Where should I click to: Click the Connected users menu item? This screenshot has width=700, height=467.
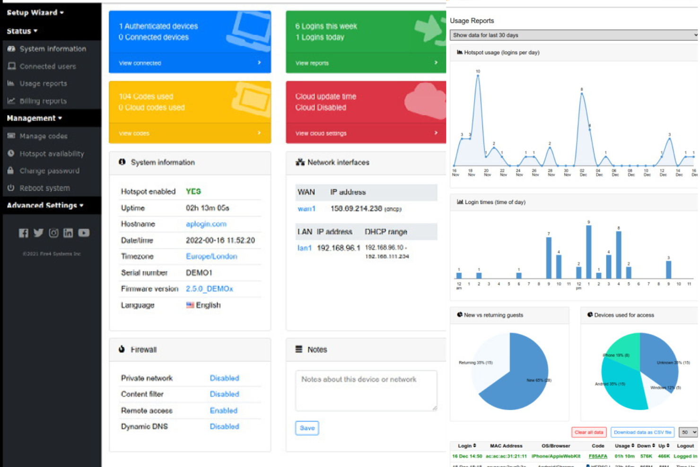47,66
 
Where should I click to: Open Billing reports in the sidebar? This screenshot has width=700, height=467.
43,101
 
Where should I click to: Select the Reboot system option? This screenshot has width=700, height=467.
44,188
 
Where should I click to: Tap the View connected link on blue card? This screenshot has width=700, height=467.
140,63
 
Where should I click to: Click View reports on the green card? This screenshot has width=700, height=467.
312,63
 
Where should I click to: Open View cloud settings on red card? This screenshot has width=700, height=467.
321,133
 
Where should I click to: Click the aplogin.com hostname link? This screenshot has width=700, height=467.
206,224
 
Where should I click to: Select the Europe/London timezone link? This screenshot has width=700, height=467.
211,256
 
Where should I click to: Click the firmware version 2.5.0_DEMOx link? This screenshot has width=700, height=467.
209,289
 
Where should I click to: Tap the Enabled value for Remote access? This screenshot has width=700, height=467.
224,410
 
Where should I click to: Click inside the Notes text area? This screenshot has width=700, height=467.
366,390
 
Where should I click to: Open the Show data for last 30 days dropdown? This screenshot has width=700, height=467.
574,35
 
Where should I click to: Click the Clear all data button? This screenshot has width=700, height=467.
589,432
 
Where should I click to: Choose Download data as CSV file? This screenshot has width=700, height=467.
642,432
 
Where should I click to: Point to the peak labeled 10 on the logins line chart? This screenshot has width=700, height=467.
478,76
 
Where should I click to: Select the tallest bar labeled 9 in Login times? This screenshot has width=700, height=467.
589,251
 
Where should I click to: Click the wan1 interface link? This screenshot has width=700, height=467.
306,209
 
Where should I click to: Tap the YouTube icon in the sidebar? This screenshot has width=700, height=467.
84,233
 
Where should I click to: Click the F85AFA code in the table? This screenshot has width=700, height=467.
598,456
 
